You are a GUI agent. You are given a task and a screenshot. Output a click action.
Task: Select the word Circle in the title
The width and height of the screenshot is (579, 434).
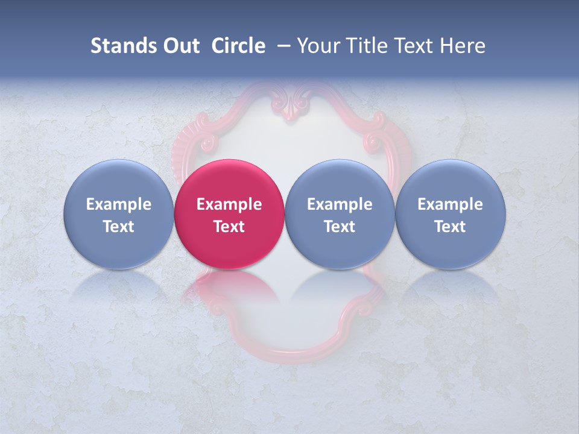tap(238, 46)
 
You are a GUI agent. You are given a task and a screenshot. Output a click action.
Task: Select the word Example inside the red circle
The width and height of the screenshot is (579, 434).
tap(229, 204)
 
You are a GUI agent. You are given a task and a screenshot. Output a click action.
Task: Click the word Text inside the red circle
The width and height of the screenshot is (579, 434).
tap(229, 227)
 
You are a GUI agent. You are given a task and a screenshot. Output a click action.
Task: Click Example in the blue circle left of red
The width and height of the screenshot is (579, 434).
tap(119, 204)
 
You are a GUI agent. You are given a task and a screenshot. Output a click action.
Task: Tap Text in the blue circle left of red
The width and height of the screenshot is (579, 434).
tap(119, 227)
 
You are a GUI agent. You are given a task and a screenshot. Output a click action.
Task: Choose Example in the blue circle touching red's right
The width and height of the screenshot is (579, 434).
tap(340, 204)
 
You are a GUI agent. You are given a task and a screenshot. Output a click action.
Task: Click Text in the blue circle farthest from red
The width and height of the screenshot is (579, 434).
tap(451, 227)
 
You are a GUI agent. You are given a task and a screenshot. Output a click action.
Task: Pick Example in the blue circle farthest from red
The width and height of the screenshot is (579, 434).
tap(451, 204)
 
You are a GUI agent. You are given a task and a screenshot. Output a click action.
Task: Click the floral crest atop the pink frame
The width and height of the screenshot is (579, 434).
tap(291, 102)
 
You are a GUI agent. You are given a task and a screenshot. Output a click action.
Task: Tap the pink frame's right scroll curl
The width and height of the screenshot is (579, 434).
tap(373, 142)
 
